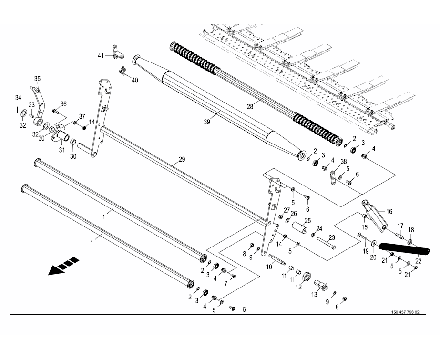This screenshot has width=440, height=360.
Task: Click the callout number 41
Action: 101,56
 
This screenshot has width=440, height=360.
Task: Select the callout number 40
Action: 135,80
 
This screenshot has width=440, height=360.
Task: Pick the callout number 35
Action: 37,79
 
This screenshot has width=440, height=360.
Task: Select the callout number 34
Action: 18,98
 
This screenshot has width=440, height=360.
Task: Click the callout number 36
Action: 63,104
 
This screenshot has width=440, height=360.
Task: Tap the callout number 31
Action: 61,150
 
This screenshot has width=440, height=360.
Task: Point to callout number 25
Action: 308,220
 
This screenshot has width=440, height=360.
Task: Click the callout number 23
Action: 332,237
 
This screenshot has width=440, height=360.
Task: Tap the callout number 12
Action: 299,287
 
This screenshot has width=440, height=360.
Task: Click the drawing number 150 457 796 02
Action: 404,312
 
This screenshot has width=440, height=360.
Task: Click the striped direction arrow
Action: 63,266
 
